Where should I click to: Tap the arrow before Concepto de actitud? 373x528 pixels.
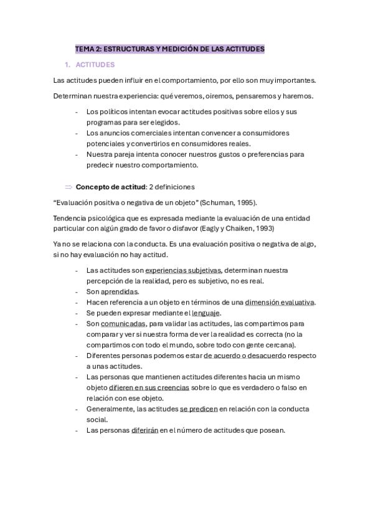[x=68, y=186]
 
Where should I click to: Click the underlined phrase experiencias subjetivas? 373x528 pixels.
[x=183, y=270]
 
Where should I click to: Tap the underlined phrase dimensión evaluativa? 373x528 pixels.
[x=280, y=302]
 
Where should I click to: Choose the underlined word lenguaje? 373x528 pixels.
[x=205, y=313]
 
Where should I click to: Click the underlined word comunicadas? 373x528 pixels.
[x=123, y=324]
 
